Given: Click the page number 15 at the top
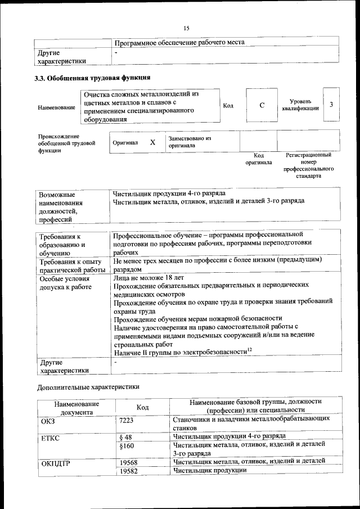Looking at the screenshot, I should point(186,29).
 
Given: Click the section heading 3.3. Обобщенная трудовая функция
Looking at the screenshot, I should point(92,78).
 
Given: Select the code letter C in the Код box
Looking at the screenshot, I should point(262,105).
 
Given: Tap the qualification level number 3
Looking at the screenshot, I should point(331,105).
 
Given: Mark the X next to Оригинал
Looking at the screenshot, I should point(152,142).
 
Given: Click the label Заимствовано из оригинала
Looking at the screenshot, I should point(189,142).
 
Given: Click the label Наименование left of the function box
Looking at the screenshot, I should point(56,107).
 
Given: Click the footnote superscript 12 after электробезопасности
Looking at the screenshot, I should point(250,349).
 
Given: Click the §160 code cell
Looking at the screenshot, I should point(128,445).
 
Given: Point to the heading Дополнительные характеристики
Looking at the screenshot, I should point(87,387).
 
